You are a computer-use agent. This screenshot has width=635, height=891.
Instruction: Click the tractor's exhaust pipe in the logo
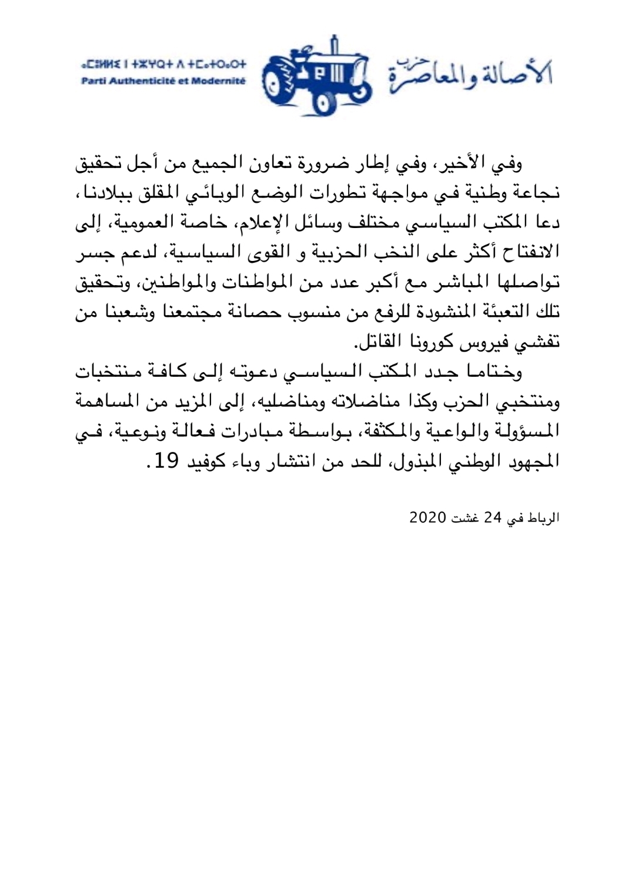[x=335, y=45]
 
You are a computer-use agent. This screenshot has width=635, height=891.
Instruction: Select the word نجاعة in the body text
[x=536, y=192]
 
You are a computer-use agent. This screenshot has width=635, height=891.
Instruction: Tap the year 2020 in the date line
[x=427, y=517]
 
